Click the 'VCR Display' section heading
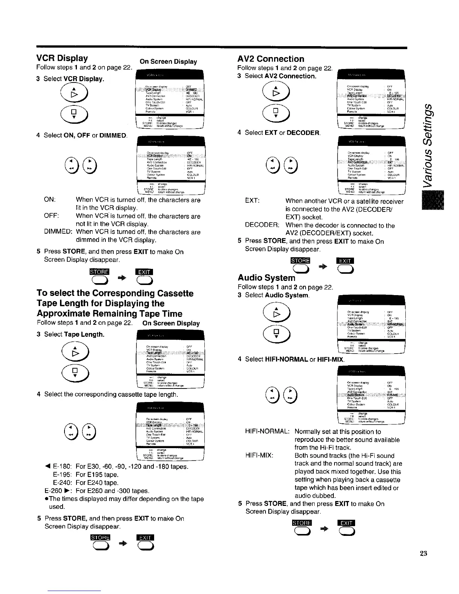62,58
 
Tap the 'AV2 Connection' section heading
271,59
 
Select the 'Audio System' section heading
266,278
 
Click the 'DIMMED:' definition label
58,232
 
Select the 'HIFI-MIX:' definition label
259,456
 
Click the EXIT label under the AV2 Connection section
344,261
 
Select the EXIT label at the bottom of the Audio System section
346,523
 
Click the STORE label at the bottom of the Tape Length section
99,538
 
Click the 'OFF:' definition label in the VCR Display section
51,216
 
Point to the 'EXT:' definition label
252,201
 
